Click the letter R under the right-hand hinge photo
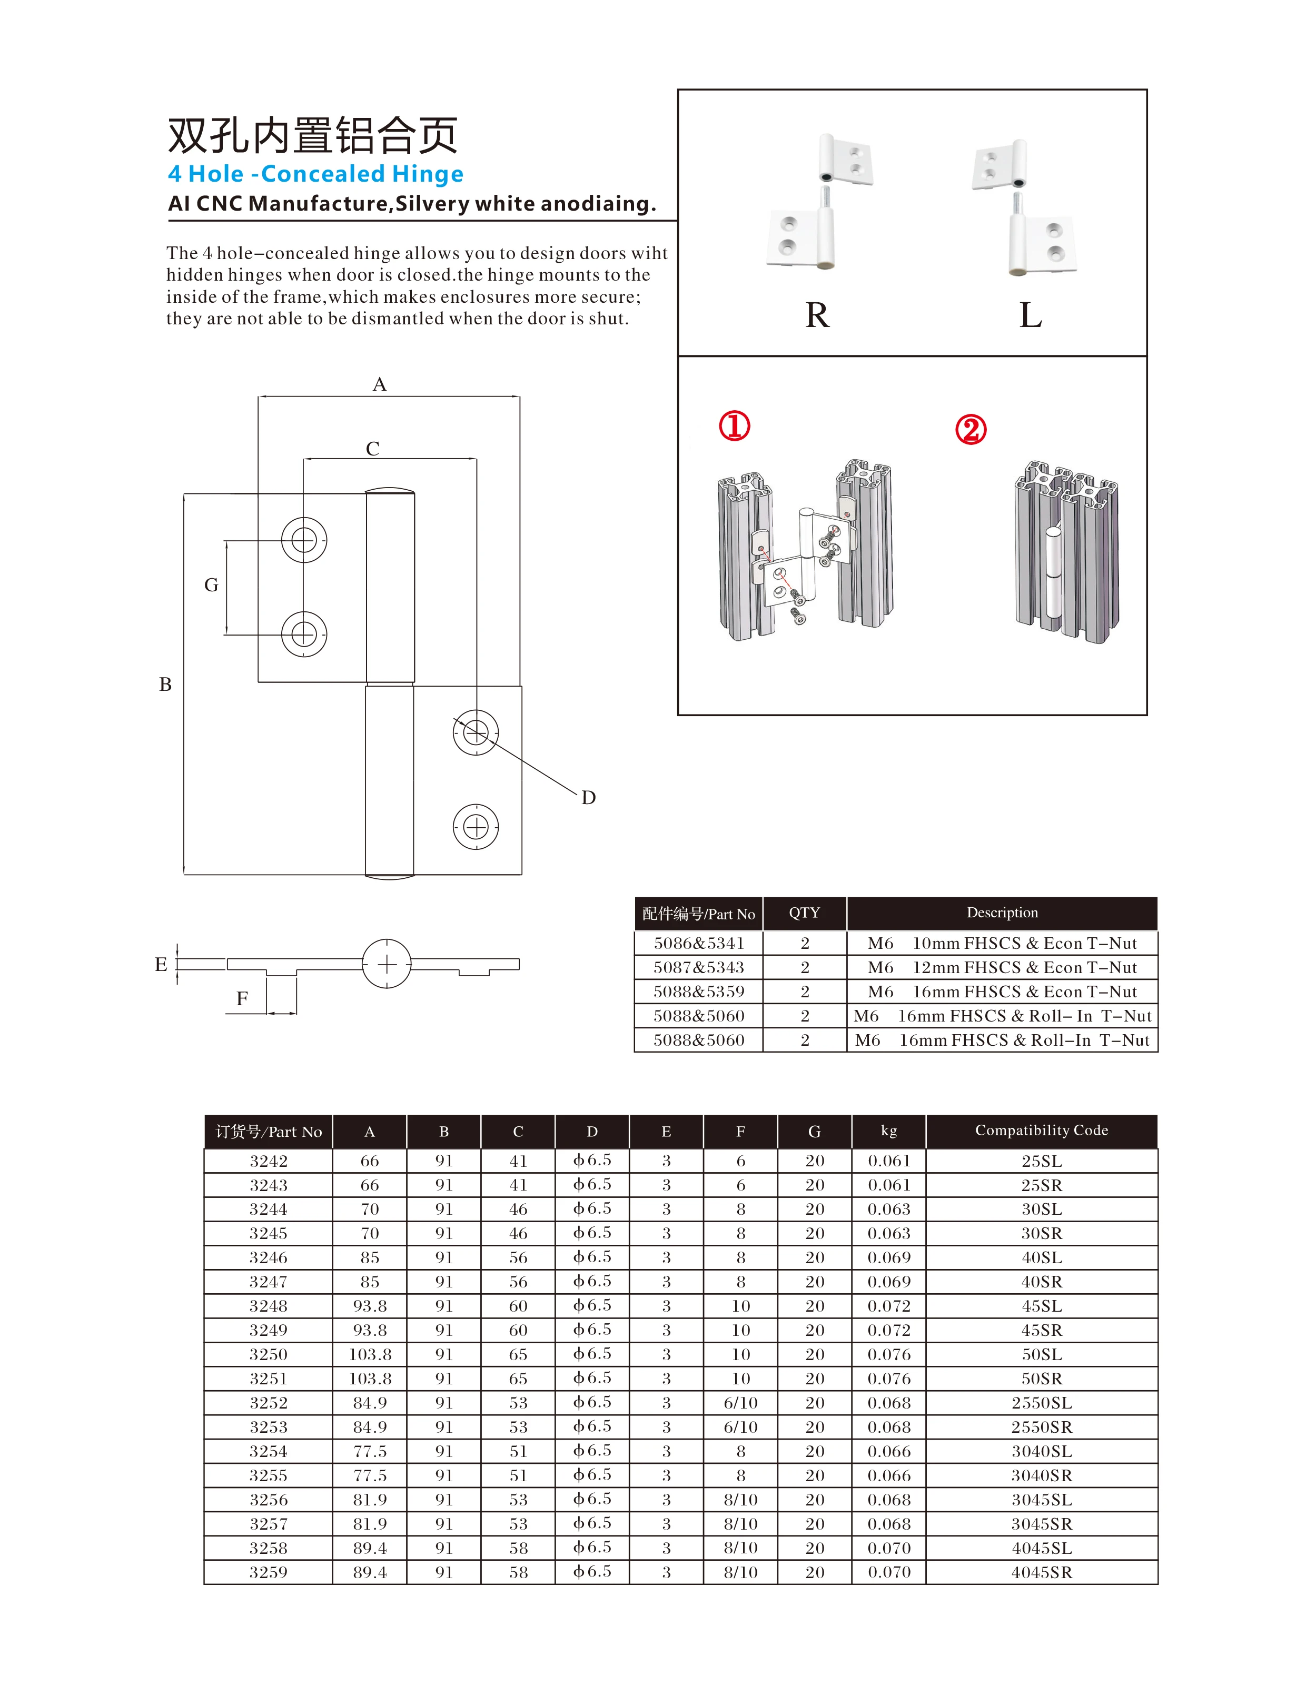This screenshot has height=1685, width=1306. click(x=816, y=315)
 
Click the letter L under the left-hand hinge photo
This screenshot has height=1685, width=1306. click(x=1030, y=315)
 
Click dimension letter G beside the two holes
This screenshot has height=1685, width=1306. click(x=211, y=586)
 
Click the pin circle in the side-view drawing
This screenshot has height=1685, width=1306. click(x=387, y=964)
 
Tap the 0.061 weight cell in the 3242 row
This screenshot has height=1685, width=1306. click(x=889, y=1161)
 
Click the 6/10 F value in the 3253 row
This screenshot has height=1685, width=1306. click(x=740, y=1428)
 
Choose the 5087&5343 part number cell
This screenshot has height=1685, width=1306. click(x=698, y=967)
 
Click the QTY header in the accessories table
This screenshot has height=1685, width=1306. click(x=804, y=913)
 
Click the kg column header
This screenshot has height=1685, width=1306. click(x=889, y=1131)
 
